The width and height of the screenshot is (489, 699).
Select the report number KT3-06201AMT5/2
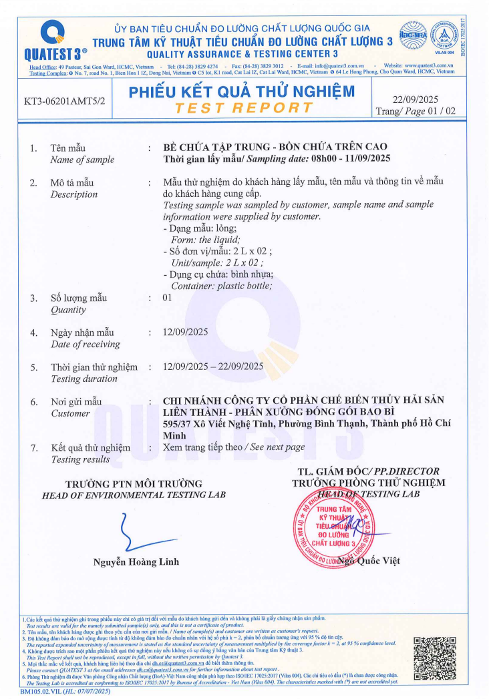(x=65, y=103)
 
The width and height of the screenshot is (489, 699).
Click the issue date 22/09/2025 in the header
(x=416, y=99)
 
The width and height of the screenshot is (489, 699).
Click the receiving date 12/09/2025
(x=186, y=332)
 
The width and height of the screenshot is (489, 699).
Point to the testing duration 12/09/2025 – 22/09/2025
(x=213, y=366)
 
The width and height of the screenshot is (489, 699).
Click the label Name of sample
(x=82, y=160)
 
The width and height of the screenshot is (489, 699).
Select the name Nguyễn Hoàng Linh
(x=136, y=562)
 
